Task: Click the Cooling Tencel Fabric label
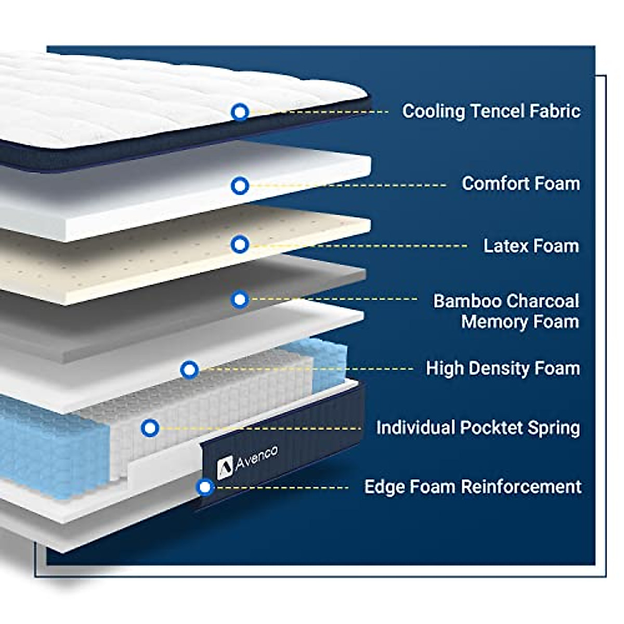pyautogui.click(x=491, y=111)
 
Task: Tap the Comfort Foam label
pyautogui.click(x=521, y=184)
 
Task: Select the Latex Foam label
pyautogui.click(x=531, y=246)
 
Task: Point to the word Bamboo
pyautogui.click(x=467, y=301)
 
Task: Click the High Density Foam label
pyautogui.click(x=502, y=369)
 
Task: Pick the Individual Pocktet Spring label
pyautogui.click(x=478, y=428)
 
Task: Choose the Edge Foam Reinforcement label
pyautogui.click(x=473, y=487)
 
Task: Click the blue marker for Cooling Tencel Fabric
pyautogui.click(x=240, y=112)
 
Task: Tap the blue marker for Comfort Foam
pyautogui.click(x=240, y=186)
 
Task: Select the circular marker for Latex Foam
pyautogui.click(x=240, y=244)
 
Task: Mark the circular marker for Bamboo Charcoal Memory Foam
pyautogui.click(x=240, y=300)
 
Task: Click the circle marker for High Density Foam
pyautogui.click(x=189, y=370)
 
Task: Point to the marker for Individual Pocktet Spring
pyautogui.click(x=150, y=428)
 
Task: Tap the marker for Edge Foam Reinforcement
pyautogui.click(x=205, y=487)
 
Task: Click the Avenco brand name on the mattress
pyautogui.click(x=256, y=458)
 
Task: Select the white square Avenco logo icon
pyautogui.click(x=225, y=467)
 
